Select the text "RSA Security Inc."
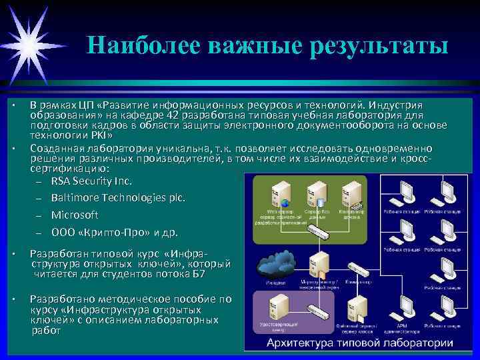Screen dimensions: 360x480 [91, 181]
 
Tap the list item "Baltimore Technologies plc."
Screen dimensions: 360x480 [119, 198]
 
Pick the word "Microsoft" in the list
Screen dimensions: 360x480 [75, 215]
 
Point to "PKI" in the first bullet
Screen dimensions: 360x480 [97, 135]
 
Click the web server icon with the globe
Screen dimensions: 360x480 [278, 195]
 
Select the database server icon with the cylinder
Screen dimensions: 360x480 [317, 195]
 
